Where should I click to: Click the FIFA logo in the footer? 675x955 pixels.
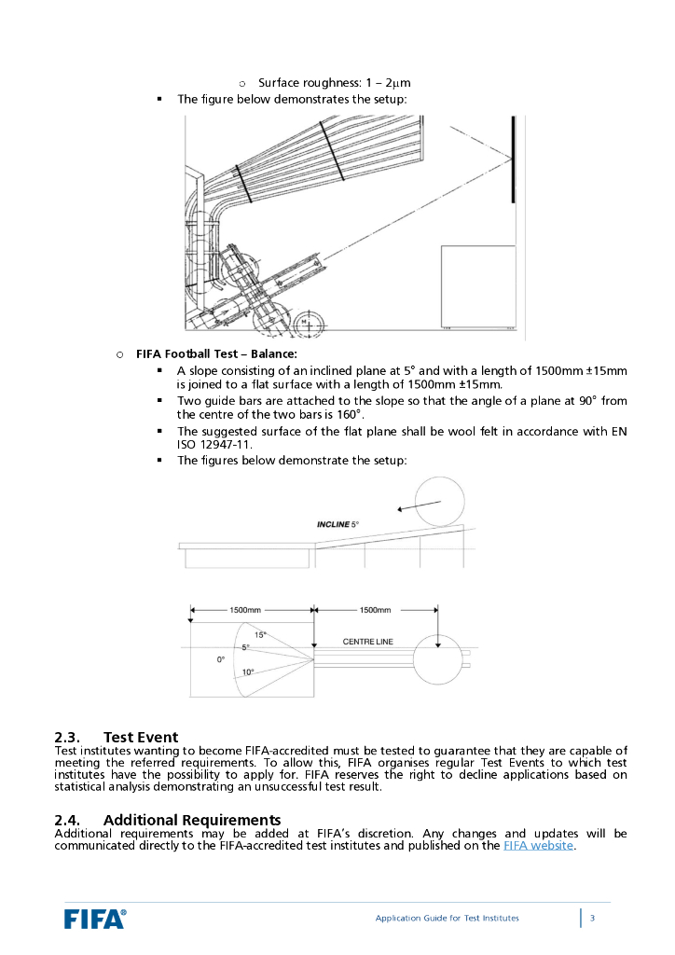click(95, 918)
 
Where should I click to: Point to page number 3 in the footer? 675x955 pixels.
click(593, 918)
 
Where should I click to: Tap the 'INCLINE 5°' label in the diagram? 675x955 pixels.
click(337, 525)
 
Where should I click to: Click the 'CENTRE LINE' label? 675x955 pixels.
click(368, 642)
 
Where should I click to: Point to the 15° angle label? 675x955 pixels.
click(260, 634)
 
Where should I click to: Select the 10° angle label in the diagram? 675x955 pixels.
click(248, 671)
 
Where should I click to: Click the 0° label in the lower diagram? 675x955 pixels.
click(221, 658)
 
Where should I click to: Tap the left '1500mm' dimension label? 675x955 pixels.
click(245, 610)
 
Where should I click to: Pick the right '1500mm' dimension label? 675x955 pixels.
click(375, 610)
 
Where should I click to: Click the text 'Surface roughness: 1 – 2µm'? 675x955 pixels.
click(335, 83)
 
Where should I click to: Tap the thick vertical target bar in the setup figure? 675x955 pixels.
click(512, 159)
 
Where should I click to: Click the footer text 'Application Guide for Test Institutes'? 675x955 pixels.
click(448, 918)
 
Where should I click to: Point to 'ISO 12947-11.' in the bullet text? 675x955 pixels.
click(214, 444)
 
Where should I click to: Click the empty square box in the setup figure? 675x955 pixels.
click(478, 287)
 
